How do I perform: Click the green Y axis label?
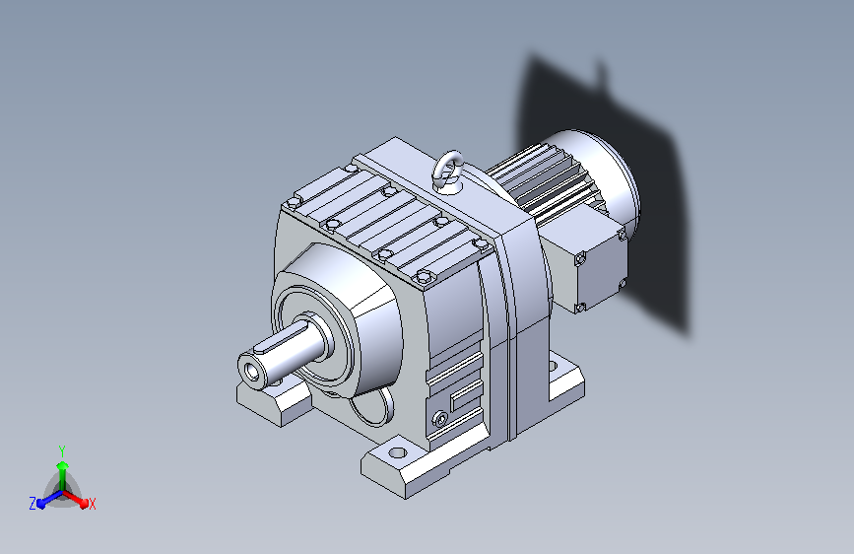(62, 450)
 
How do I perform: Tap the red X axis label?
(92, 504)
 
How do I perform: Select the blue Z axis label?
(33, 504)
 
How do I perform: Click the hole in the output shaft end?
(252, 373)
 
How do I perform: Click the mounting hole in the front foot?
(398, 452)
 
